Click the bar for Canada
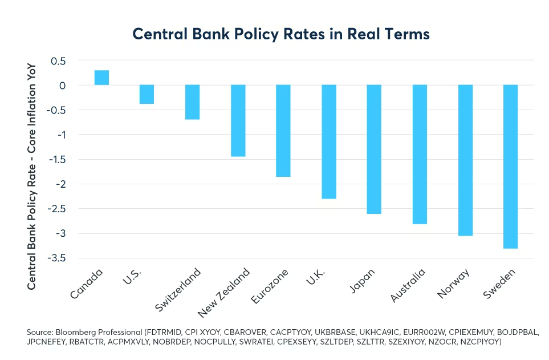[101, 78]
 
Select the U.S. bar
[147, 94]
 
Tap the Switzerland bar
[192, 102]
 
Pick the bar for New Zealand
[238, 120]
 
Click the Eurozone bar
[283, 131]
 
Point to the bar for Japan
[374, 149]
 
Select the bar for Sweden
[510, 167]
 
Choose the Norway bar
[465, 160]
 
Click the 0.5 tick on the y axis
[58, 61]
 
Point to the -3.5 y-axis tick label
[55, 258]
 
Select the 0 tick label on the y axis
[63, 86]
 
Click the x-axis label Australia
[409, 285]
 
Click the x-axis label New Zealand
[225, 292]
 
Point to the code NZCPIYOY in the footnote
[478, 342]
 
